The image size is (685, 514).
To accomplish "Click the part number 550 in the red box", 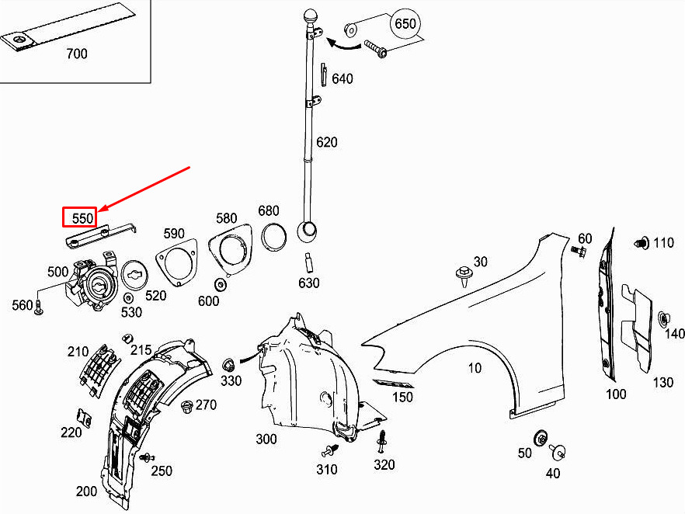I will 82,218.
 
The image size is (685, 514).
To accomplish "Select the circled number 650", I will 405,24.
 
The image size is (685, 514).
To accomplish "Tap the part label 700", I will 77,54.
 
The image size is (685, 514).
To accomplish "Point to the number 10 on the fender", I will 475,367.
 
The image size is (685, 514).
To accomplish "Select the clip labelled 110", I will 641,243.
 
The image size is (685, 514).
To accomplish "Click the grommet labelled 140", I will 665,318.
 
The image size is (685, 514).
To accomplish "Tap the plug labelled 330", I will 229,364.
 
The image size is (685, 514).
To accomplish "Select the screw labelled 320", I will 382,443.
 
